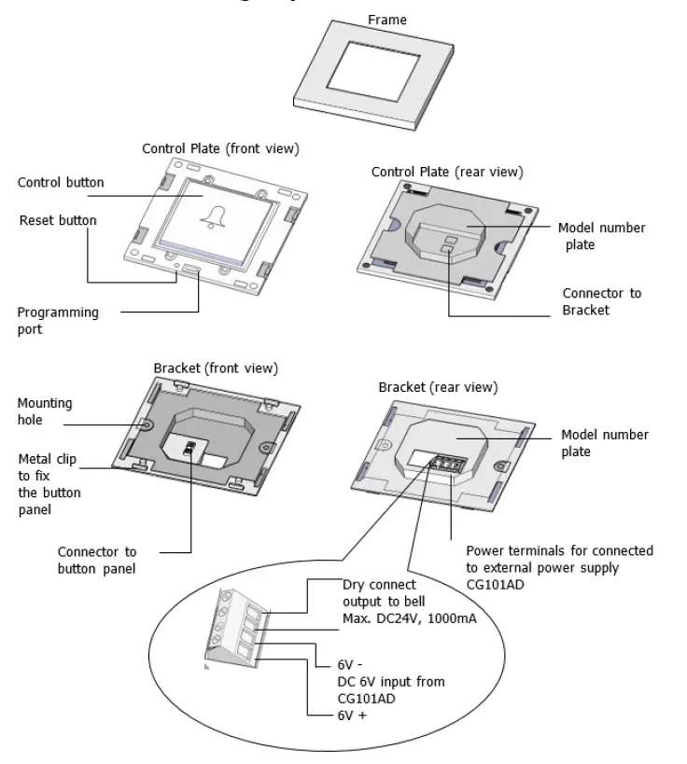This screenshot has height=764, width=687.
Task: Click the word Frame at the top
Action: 387,19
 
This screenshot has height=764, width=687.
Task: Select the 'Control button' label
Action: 61,182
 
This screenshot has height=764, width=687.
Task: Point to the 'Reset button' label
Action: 58,221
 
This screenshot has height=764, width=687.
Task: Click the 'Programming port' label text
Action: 58,320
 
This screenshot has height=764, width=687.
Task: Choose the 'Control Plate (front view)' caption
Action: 220,148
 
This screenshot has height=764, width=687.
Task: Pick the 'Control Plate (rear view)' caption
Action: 447,172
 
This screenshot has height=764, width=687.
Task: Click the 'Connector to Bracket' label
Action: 601,300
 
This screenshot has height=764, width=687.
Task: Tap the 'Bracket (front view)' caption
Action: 216,368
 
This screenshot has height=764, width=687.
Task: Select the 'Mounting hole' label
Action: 44,411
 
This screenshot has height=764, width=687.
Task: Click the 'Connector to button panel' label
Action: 97,560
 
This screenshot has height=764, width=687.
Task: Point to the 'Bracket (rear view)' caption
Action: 438,386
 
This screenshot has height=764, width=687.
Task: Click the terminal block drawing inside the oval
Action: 239,630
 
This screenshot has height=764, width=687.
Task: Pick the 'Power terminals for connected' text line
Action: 559,551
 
